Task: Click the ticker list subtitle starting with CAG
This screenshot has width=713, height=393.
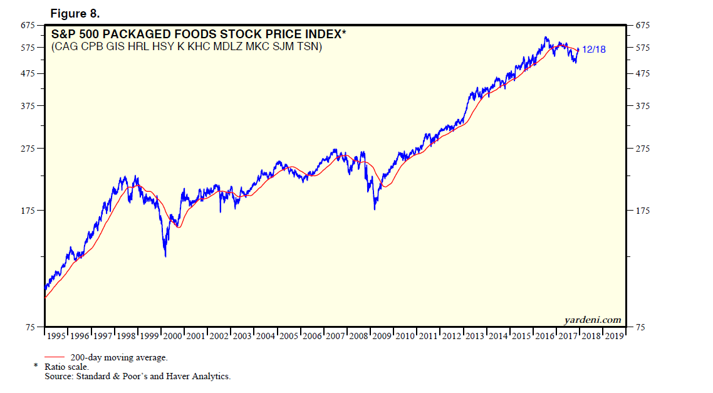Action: click(186, 47)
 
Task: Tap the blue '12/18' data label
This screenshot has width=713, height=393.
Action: click(594, 50)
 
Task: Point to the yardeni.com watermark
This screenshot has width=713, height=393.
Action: click(592, 320)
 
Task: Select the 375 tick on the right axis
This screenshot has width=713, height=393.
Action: click(643, 106)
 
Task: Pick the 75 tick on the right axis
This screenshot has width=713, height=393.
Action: click(640, 327)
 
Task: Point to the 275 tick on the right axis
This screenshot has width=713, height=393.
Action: click(643, 149)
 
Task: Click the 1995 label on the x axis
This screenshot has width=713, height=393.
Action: click(56, 337)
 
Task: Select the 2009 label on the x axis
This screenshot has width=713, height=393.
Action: click(382, 337)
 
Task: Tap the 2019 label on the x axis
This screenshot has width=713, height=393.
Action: click(614, 337)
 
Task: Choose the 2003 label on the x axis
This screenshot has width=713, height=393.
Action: click(242, 337)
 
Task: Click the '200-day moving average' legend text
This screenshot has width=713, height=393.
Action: click(118, 357)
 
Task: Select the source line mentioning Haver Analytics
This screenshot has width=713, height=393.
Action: click(137, 376)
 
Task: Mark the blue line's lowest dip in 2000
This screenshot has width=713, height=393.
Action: click(165, 255)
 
